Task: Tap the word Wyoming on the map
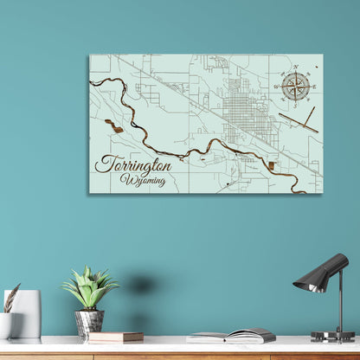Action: coord(143,179)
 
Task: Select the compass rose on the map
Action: coord(296,86)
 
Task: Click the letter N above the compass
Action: coord(296,67)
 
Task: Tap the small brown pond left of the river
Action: coord(113,125)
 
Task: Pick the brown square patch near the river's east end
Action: coord(271,164)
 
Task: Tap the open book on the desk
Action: coord(232,335)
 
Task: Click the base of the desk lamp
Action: coord(333,336)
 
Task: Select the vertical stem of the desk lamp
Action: coord(338,307)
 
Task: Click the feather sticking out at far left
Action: coord(10,297)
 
